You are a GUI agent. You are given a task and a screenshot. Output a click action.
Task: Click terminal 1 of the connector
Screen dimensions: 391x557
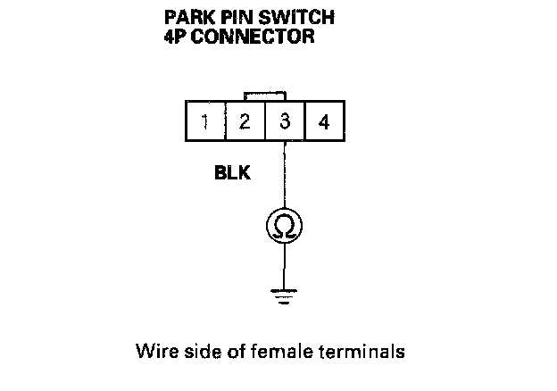tap(205, 122)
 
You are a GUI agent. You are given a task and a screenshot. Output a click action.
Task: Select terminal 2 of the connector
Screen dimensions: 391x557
tap(245, 122)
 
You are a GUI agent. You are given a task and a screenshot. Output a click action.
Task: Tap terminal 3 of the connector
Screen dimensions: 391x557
tap(285, 122)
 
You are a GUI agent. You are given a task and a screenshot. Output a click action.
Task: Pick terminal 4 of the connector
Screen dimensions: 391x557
tap(324, 122)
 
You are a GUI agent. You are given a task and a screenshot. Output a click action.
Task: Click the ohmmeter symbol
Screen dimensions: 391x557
tap(285, 227)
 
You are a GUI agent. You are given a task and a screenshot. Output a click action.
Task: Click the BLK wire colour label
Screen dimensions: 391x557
tap(232, 173)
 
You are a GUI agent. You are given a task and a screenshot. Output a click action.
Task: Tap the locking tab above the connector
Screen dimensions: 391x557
tap(265, 95)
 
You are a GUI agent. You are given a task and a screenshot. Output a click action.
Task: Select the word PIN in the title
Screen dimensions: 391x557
tap(237, 18)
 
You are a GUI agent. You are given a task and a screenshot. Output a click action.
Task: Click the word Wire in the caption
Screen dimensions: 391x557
tap(153, 351)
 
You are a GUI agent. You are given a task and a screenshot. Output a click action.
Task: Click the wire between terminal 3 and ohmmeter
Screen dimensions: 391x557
tap(285, 179)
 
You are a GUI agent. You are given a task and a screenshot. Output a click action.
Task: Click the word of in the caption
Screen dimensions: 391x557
tap(227, 351)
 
